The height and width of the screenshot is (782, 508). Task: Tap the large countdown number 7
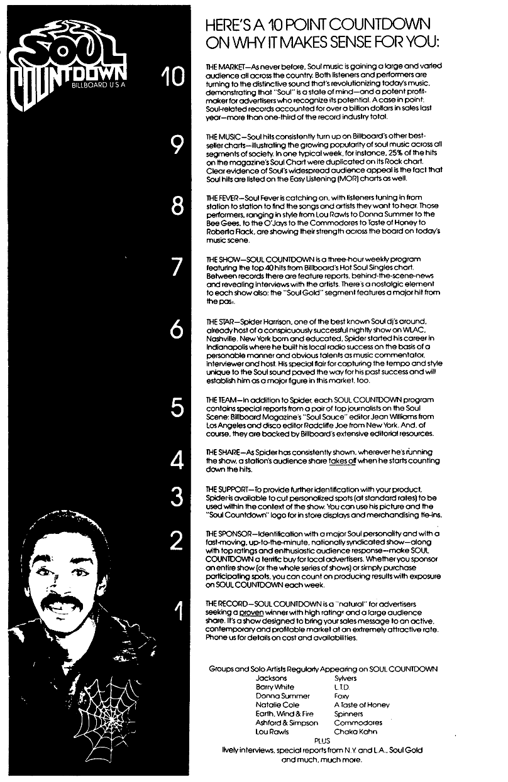click(x=176, y=267)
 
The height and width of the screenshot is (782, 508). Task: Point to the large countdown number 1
click(x=179, y=610)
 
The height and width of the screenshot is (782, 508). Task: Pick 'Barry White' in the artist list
click(x=274, y=687)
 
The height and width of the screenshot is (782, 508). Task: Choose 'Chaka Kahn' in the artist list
click(x=354, y=731)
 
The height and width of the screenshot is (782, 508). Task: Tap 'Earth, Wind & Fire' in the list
click(x=285, y=714)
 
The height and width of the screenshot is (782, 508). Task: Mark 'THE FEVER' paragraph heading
click(x=224, y=197)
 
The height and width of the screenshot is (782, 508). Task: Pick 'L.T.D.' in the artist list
click(x=341, y=687)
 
